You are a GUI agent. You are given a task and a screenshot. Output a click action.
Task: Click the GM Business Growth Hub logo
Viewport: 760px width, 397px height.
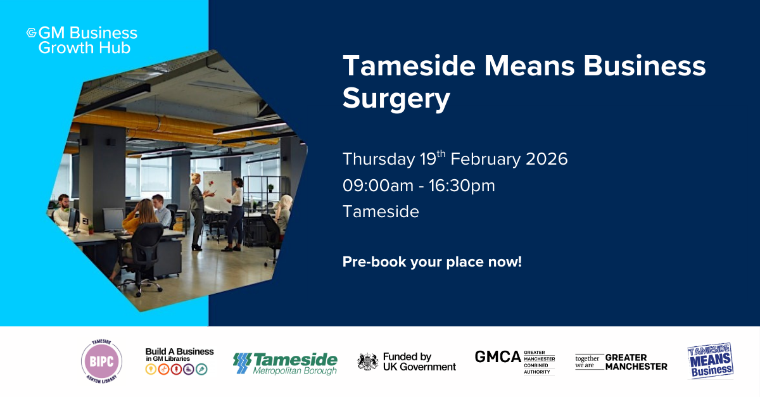[82, 40]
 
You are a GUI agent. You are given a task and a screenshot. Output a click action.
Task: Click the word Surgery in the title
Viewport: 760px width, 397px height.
[396, 99]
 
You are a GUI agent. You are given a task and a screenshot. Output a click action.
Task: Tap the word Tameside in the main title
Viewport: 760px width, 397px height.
[409, 66]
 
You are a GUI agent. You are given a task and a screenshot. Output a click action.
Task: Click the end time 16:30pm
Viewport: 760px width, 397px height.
[462, 186]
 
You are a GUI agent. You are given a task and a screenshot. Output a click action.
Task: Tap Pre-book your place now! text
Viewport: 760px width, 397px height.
[432, 262]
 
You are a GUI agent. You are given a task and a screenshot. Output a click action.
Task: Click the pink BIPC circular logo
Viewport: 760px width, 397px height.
[101, 361]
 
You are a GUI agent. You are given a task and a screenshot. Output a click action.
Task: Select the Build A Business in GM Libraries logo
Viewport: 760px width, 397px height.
[179, 361]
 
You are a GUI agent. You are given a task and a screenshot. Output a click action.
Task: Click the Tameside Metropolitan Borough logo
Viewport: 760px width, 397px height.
[285, 363]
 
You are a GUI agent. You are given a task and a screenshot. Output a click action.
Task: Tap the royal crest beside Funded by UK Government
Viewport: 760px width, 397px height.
[368, 361]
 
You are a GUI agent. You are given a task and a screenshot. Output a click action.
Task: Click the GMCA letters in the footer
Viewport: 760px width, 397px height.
[497, 356]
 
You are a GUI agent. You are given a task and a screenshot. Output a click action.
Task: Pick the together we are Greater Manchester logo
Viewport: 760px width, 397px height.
[621, 362]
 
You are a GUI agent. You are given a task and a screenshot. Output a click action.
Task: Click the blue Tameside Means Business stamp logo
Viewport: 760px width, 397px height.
[711, 361]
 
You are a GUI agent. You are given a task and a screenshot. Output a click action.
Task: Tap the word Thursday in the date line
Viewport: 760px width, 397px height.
[379, 159]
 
